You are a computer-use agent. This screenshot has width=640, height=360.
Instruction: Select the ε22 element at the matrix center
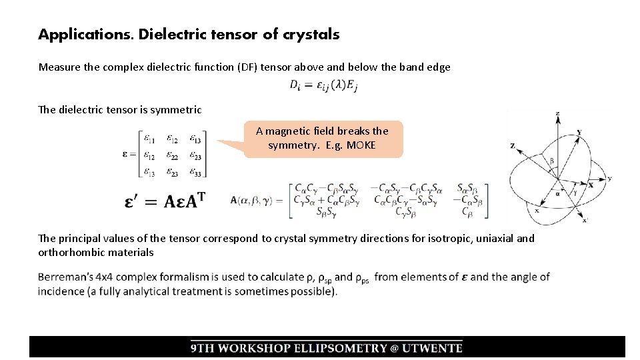tap(173, 157)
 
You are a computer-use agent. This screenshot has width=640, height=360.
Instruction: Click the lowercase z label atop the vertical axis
tap(557, 114)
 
